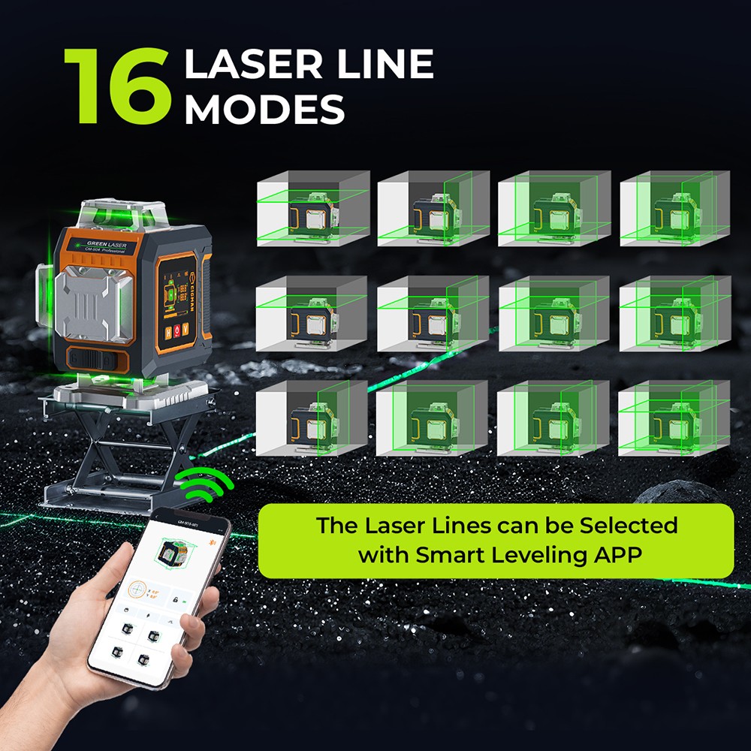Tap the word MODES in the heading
tap(264, 109)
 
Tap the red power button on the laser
tap(177, 330)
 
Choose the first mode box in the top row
tap(313, 209)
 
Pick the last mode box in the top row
tap(674, 209)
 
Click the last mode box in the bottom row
tap(674, 418)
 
